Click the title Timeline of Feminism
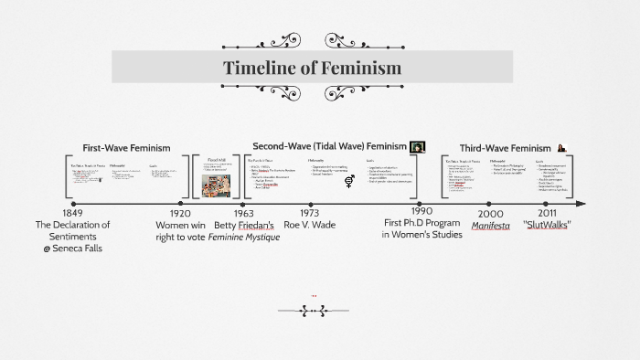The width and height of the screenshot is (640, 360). click(313, 69)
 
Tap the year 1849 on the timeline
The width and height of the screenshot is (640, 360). click(72, 212)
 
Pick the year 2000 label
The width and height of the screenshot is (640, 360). click(490, 212)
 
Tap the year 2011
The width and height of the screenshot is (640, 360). click(547, 212)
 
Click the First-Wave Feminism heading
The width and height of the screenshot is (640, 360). click(126, 147)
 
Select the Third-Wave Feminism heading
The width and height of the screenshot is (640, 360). click(505, 148)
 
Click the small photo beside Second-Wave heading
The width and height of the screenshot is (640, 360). click(418, 146)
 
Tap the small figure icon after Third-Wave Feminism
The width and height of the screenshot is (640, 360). click(560, 148)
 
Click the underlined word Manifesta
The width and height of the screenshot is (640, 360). click(491, 225)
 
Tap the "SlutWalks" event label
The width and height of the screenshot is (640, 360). click(547, 225)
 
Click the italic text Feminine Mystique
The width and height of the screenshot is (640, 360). click(243, 238)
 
